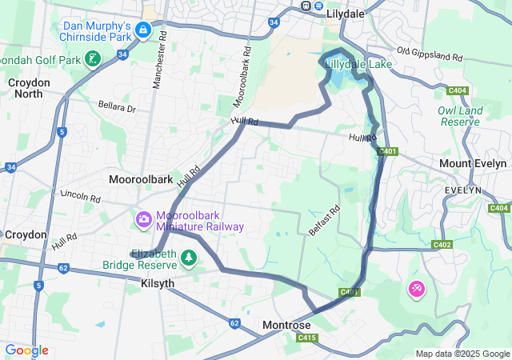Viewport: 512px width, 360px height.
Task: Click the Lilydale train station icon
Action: (306, 6)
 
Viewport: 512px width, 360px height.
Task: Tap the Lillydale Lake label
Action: (359, 64)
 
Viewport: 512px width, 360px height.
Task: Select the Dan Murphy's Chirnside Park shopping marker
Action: (143, 31)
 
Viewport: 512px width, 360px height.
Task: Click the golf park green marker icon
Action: (94, 58)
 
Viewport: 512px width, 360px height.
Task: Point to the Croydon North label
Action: (29, 88)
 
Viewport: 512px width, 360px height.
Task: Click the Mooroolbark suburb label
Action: (141, 179)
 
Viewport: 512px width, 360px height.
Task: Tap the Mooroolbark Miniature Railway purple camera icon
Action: (144, 218)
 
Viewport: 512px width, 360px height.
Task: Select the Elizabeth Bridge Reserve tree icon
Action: (189, 258)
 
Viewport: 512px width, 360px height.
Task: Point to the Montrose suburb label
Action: (286, 326)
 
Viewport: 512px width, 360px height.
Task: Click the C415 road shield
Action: (307, 338)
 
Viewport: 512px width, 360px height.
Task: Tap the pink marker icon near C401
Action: (417, 288)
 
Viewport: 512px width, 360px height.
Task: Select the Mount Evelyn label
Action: (473, 163)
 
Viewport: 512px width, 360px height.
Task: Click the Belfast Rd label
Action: (325, 219)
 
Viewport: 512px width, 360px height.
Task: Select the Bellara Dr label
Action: (118, 107)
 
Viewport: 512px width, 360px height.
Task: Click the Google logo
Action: (26, 350)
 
